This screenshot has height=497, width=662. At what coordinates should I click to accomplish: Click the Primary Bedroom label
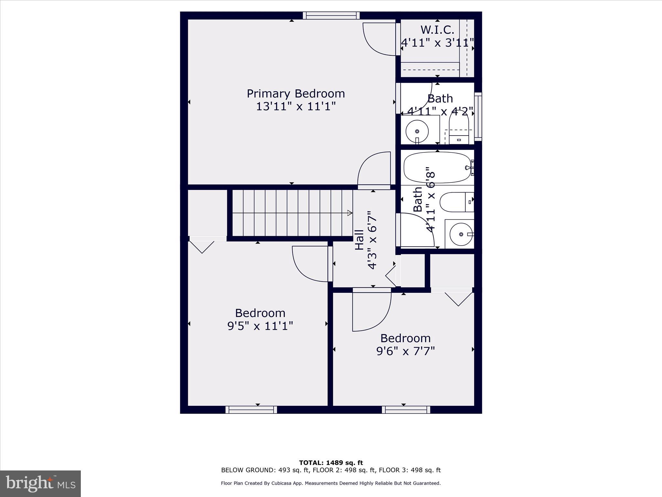coord(296,94)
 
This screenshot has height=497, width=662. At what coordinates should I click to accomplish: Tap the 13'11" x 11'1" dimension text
coord(296,106)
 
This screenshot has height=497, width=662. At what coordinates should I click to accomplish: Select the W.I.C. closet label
coord(437,30)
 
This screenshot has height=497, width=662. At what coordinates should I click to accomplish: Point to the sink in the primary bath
coord(417,131)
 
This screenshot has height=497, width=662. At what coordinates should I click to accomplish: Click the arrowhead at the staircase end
coord(349,213)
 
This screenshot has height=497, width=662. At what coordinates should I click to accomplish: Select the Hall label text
coord(359,240)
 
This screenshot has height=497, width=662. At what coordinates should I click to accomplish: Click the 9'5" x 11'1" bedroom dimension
coord(260,326)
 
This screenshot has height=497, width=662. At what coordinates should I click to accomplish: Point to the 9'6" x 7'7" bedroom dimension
coord(405,351)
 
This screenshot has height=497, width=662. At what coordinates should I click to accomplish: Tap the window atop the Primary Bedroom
coord(331,16)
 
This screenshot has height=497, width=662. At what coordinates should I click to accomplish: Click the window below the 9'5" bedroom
coord(251,410)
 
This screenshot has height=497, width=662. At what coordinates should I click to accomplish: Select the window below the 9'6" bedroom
coord(406,410)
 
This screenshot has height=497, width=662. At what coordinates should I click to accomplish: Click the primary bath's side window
coord(478,116)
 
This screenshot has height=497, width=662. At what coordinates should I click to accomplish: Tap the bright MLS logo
coord(40,483)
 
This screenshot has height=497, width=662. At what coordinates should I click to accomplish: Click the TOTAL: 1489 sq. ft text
coord(331,463)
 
